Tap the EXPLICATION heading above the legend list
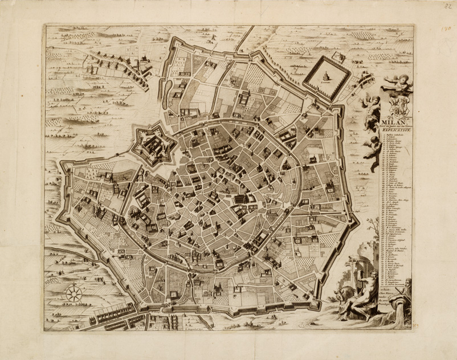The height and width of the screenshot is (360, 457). [393, 130]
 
